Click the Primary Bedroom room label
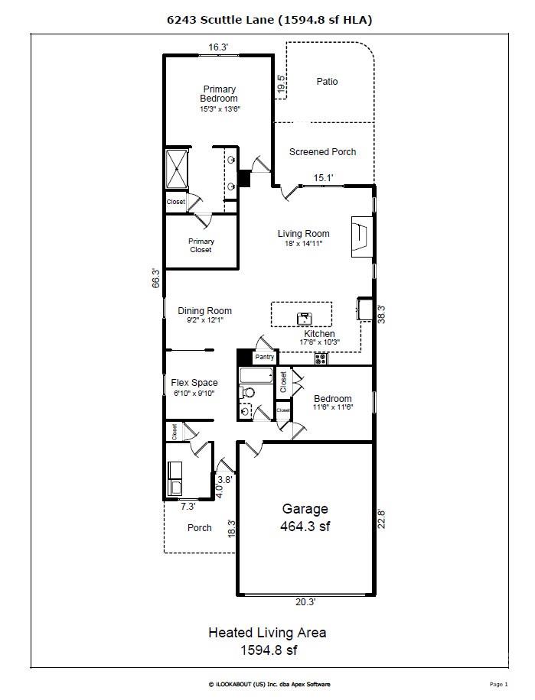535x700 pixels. (219, 94)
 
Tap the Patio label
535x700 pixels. (327, 82)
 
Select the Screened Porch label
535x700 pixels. (322, 152)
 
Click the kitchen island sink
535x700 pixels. (304, 316)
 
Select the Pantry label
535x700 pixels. (265, 357)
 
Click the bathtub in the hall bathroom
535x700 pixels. (256, 376)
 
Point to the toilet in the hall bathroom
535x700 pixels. (248, 393)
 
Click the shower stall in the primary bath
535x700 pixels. (177, 169)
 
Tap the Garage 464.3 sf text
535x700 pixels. (305, 517)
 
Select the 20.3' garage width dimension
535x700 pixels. (305, 602)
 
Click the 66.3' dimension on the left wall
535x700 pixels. (155, 278)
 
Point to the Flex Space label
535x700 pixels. (194, 383)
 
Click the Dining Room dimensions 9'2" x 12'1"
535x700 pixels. (204, 321)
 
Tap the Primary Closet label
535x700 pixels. (201, 245)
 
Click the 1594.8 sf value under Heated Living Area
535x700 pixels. (267, 650)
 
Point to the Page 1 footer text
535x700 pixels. (497, 684)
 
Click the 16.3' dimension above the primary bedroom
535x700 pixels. (218, 47)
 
